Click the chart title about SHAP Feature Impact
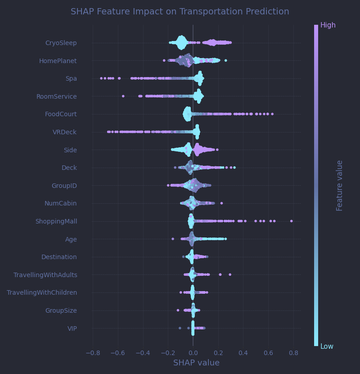180,12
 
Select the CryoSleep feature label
61,43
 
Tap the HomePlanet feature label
58,61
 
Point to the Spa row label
71,79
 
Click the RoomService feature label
56,96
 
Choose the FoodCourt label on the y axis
61,114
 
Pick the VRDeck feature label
64,132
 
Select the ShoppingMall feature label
56,221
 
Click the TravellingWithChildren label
42,292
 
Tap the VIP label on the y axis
72,328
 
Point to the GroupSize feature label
61,310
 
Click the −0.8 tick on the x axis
92,353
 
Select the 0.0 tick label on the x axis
193,353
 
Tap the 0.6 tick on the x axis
268,353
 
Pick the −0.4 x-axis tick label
143,353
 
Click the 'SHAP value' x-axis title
196,363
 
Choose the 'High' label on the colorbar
328,25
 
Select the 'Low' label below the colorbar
327,347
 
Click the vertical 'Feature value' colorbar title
340,185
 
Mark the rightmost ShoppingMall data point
291,221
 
